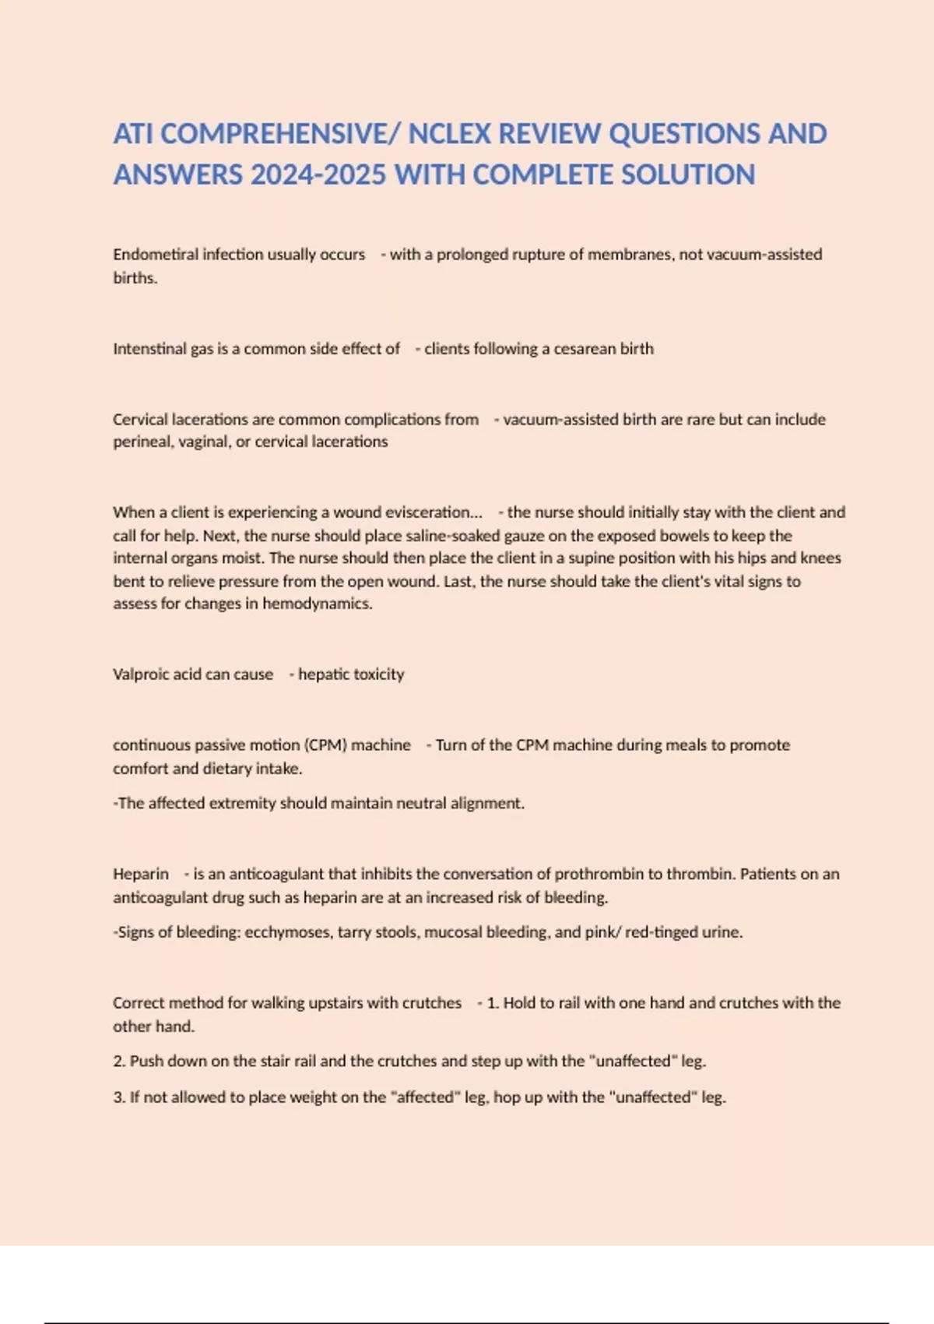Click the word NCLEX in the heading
(x=449, y=134)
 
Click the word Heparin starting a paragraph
(x=140, y=874)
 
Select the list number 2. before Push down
(x=119, y=1061)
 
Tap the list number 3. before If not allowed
(x=119, y=1097)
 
